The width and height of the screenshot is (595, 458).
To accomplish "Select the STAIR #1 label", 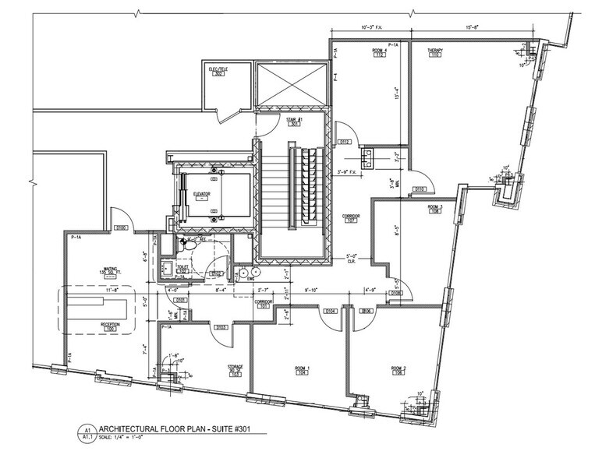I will (295, 118).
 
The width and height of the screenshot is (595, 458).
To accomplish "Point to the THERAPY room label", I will (434, 51).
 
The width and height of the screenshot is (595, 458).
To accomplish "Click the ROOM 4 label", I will (381, 51).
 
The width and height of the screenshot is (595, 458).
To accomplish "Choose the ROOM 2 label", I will (399, 368).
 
